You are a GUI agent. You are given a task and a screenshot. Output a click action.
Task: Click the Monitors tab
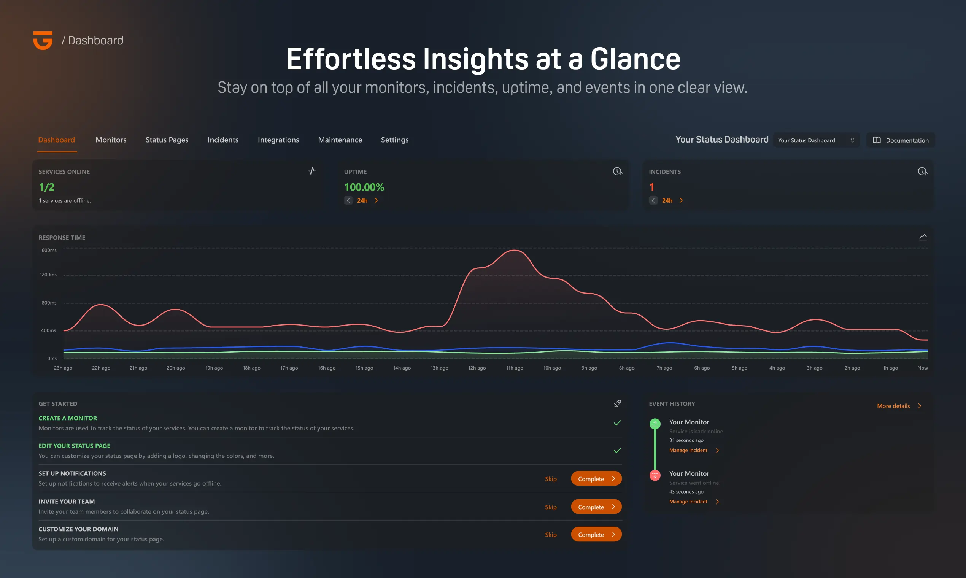pyautogui.click(x=111, y=140)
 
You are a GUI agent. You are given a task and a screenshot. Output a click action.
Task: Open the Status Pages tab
pyautogui.click(x=167, y=140)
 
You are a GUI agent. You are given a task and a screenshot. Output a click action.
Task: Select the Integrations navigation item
pyautogui.click(x=278, y=140)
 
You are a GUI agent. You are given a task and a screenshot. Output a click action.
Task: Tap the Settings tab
pyautogui.click(x=395, y=140)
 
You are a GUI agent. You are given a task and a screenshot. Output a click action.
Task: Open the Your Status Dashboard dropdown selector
pyautogui.click(x=816, y=140)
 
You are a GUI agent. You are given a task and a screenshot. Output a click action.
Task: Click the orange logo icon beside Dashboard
pyautogui.click(x=43, y=41)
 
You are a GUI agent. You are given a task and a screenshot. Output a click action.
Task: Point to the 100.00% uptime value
pyautogui.click(x=364, y=187)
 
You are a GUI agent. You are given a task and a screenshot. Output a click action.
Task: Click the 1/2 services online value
pyautogui.click(x=47, y=187)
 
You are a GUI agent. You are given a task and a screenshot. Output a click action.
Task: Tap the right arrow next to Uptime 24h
pyautogui.click(x=376, y=200)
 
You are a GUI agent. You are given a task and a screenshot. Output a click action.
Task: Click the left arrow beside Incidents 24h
pyautogui.click(x=653, y=200)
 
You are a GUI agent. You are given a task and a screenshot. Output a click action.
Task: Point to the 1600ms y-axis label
pyautogui.click(x=48, y=251)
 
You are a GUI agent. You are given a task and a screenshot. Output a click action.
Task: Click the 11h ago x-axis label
pyautogui.click(x=515, y=368)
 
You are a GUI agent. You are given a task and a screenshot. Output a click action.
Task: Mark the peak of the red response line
pyautogui.click(x=515, y=251)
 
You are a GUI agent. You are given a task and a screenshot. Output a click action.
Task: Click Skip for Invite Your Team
pyautogui.click(x=550, y=507)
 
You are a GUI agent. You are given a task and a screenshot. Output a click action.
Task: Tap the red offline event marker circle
pyautogui.click(x=655, y=476)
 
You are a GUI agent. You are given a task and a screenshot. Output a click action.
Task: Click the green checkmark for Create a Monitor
pyautogui.click(x=617, y=423)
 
